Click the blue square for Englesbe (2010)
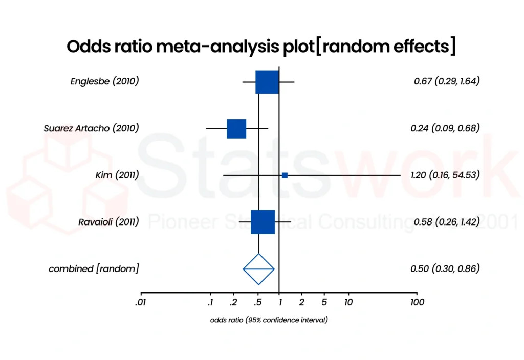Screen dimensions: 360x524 pos(267,82)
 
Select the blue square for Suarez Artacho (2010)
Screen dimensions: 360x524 pos(236,128)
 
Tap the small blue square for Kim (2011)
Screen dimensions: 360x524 pos(285,175)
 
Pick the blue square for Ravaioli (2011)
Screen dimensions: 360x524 pos(263,222)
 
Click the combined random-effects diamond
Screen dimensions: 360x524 pos(258,268)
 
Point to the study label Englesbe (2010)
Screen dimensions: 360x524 pos(104,81)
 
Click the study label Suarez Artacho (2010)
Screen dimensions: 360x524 pos(91,128)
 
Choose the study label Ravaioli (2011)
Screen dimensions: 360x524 pos(108,222)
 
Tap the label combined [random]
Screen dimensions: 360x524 pos(93,268)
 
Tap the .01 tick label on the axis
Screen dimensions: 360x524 pos(140,302)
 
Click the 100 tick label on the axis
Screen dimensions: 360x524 pos(417,302)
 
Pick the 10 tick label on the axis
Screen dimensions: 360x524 pos(348,302)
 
